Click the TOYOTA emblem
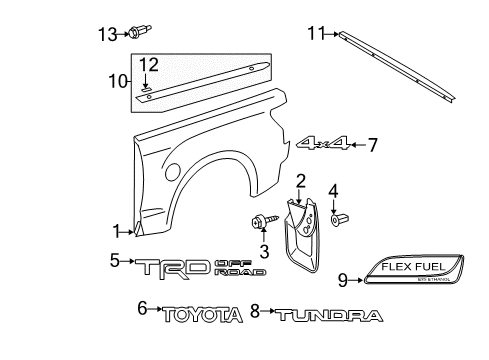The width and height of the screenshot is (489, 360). tap(204, 315)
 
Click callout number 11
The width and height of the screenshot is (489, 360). tap(316, 34)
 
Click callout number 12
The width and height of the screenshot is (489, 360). tap(147, 66)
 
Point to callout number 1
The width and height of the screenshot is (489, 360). tap(119, 229)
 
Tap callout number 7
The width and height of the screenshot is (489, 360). tap(372, 146)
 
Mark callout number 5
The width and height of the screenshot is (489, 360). tap(114, 262)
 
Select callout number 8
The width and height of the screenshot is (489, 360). tap(255, 311)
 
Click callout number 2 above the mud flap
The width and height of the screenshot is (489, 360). tap(299, 180)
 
